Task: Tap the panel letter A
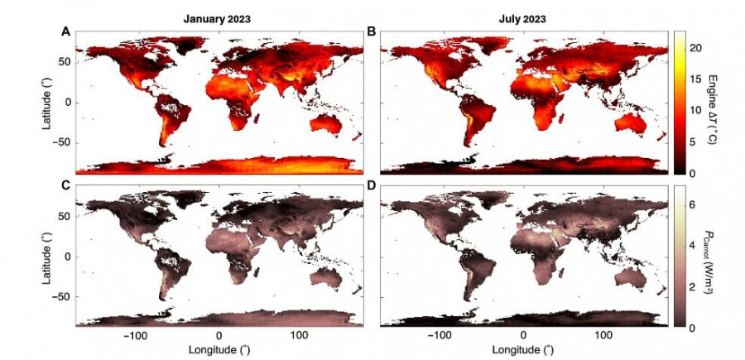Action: [x=65, y=31]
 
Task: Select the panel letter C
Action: [x=65, y=186]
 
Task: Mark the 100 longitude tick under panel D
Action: [x=604, y=336]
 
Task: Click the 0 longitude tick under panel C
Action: [x=219, y=336]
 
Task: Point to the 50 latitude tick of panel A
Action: [x=63, y=62]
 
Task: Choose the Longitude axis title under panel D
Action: [x=523, y=350]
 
